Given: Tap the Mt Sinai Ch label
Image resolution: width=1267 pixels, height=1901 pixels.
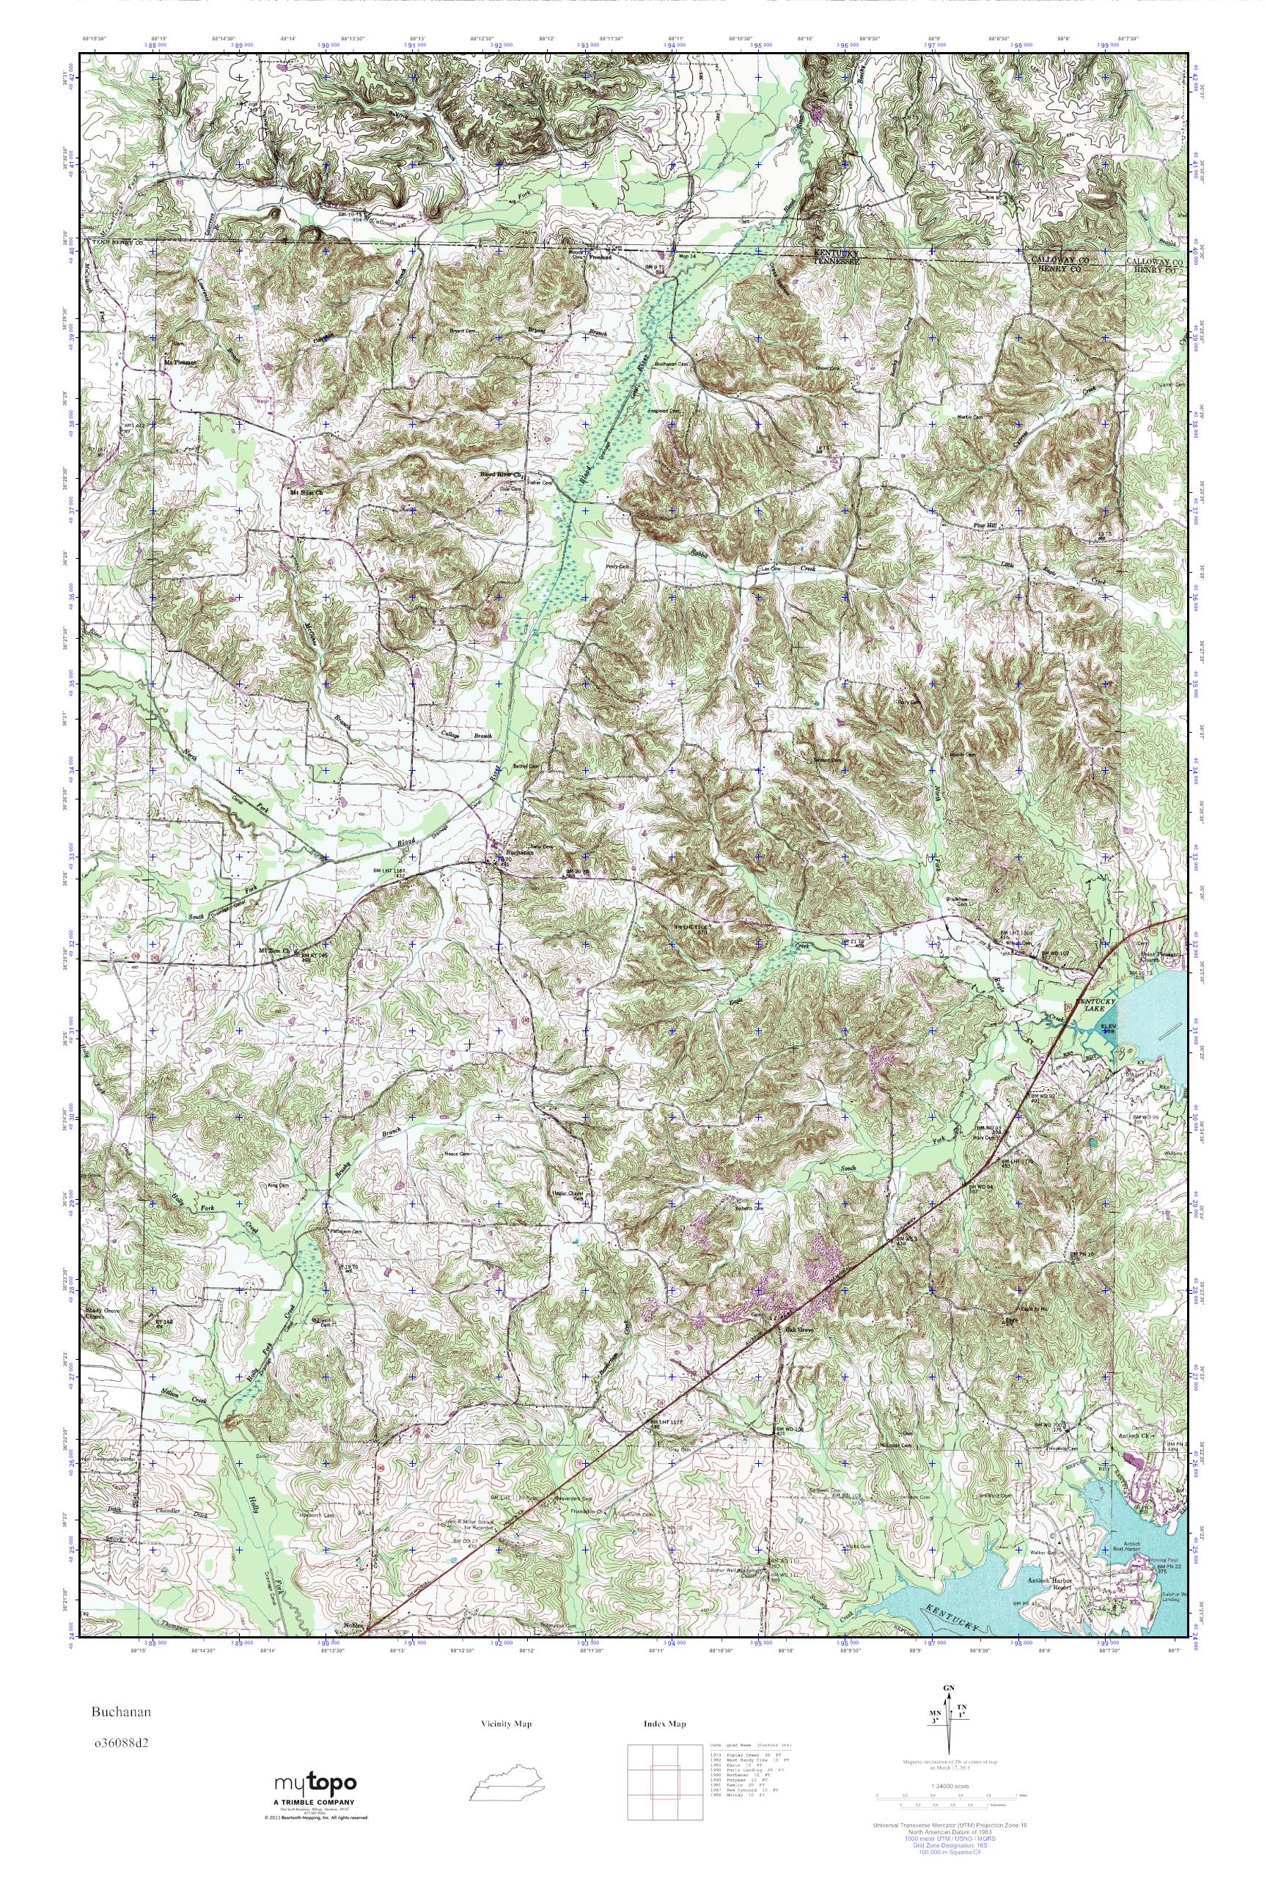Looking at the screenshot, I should [x=306, y=490].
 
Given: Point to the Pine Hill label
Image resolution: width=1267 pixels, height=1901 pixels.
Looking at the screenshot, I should [x=985, y=525].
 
